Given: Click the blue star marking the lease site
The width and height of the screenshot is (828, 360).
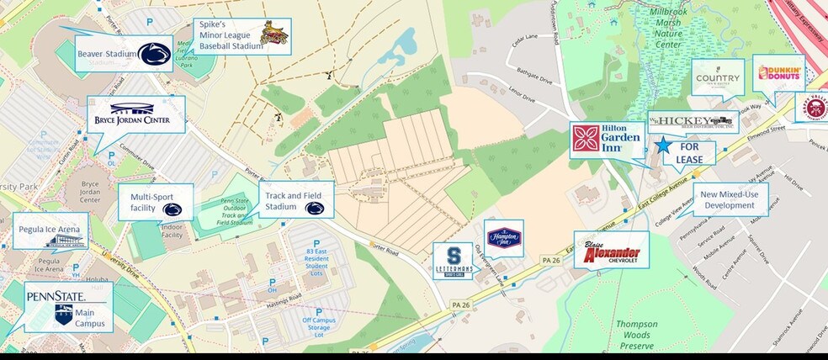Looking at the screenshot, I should point(664,145).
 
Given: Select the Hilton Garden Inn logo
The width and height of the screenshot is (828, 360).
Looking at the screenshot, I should point(607,138).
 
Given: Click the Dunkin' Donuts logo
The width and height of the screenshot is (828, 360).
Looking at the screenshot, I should point(779,73).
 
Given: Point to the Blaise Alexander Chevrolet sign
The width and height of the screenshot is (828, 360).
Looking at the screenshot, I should point(612,251).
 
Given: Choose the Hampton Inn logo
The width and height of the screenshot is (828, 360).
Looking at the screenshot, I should point(504,239).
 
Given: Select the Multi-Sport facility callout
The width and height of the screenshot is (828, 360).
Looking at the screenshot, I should point(156,203).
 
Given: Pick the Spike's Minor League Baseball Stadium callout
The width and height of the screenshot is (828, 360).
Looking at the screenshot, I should point(242,36).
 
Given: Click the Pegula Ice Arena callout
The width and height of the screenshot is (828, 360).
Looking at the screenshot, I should point(53,231).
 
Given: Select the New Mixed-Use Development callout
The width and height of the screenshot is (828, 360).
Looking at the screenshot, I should point(730,199).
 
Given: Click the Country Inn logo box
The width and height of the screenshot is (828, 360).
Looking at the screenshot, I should point(718,78).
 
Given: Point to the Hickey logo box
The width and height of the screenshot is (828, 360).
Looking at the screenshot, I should point(692,122).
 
